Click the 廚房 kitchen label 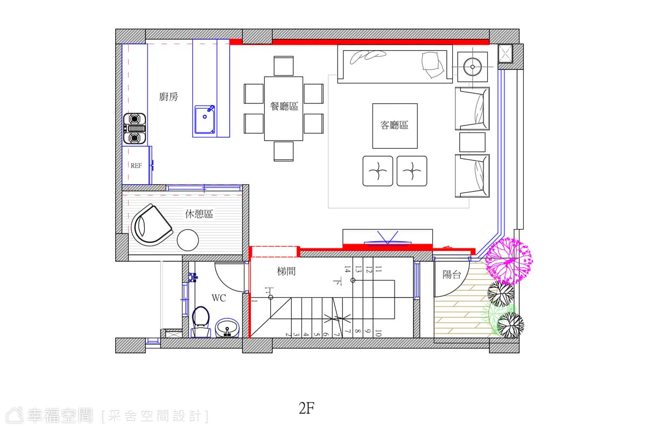168,96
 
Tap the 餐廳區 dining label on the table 284,106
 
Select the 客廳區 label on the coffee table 394,125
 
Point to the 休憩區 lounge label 199,214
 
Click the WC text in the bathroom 219,298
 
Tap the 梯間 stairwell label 286,272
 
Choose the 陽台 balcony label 452,275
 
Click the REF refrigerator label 136,166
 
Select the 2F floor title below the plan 306,408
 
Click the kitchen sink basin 205,120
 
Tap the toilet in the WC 201,322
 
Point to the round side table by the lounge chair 188,240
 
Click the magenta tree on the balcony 509,260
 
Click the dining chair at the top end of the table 284,66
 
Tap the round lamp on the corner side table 473,67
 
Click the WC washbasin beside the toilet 227,328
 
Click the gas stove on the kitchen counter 135,128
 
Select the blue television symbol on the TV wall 387,239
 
